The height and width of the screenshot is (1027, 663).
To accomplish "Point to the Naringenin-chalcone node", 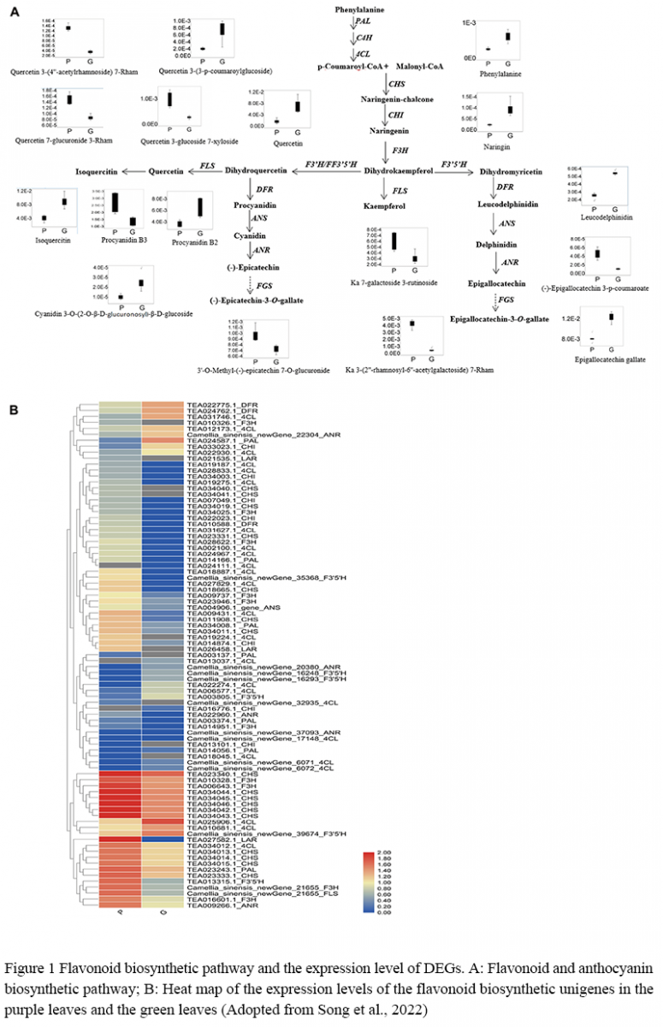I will click(x=397, y=99).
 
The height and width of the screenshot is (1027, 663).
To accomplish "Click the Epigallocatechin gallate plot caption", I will click(x=604, y=359).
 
